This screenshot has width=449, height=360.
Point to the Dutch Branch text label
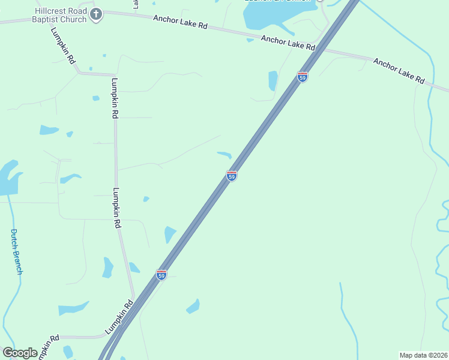17,251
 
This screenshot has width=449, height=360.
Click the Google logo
20,352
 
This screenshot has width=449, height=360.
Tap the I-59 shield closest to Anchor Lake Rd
303,77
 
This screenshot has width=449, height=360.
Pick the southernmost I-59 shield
161,275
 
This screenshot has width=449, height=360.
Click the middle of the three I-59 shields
232,175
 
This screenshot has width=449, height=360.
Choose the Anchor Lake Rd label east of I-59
399,70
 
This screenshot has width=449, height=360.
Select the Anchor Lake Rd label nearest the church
180,22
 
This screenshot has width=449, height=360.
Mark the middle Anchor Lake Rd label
288,42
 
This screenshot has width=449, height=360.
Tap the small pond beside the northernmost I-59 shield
273,80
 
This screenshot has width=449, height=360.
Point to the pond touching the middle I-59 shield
225,155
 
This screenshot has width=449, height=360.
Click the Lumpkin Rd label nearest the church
63,46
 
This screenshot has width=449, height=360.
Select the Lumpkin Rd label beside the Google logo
47,347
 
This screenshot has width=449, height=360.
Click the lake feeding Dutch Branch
8,178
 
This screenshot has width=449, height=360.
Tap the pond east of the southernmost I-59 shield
193,307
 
